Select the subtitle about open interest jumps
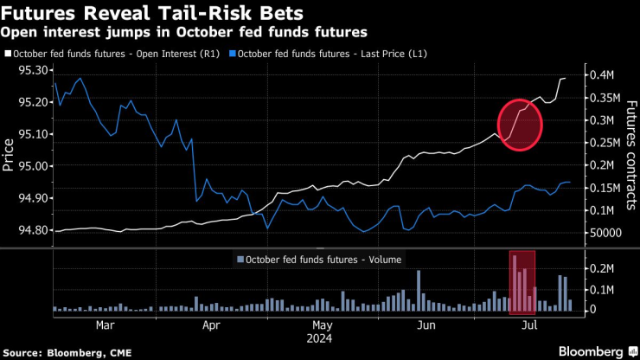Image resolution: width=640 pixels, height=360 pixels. click(x=183, y=32)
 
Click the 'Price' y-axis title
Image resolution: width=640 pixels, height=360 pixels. click(x=9, y=151)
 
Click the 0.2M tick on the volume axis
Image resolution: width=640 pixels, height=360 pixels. click(x=601, y=269)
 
